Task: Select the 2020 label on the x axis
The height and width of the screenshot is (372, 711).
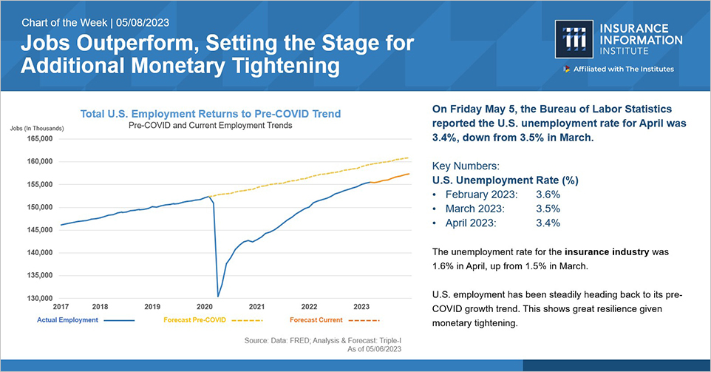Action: [x=205, y=306]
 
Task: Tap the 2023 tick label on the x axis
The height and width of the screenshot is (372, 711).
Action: [x=361, y=306]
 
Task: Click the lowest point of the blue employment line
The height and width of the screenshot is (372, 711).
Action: [x=218, y=297]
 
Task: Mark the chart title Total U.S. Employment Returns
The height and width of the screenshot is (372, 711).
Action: [x=211, y=114]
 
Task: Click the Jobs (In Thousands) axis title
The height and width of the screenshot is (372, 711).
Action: [x=37, y=128]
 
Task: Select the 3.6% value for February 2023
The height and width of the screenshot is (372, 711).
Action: [x=548, y=194]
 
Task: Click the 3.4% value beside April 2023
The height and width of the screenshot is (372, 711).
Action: [x=548, y=222]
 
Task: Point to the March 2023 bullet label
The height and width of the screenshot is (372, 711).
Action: [x=480, y=208]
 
